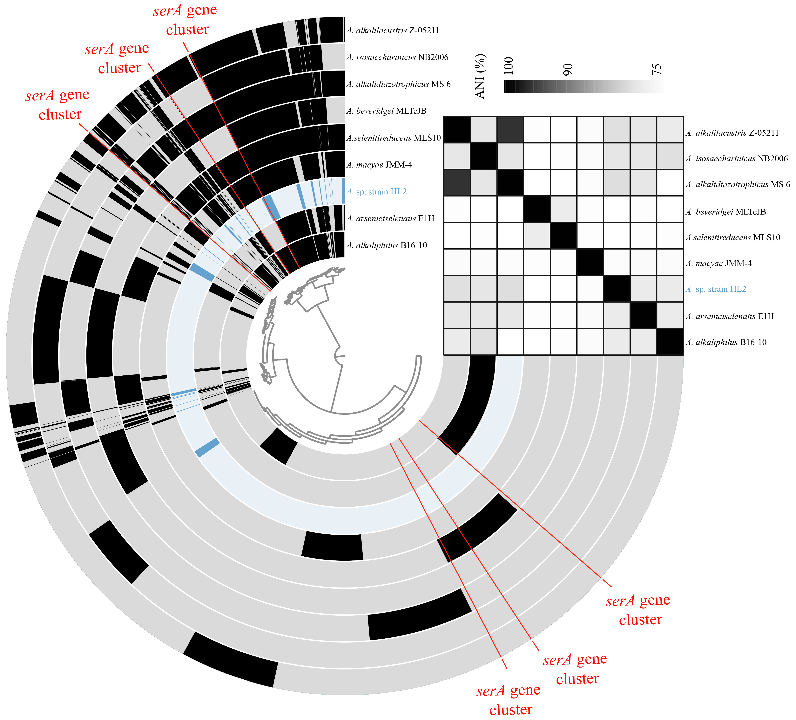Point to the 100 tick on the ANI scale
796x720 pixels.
coord(509,65)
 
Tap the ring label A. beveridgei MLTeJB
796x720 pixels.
coord(386,111)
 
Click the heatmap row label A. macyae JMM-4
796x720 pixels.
coord(719,264)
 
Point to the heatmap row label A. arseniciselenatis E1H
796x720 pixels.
coord(730,316)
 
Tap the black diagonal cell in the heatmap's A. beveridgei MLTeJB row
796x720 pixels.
coord(537,209)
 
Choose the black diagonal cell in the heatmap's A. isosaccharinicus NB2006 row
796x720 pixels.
coord(484,156)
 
